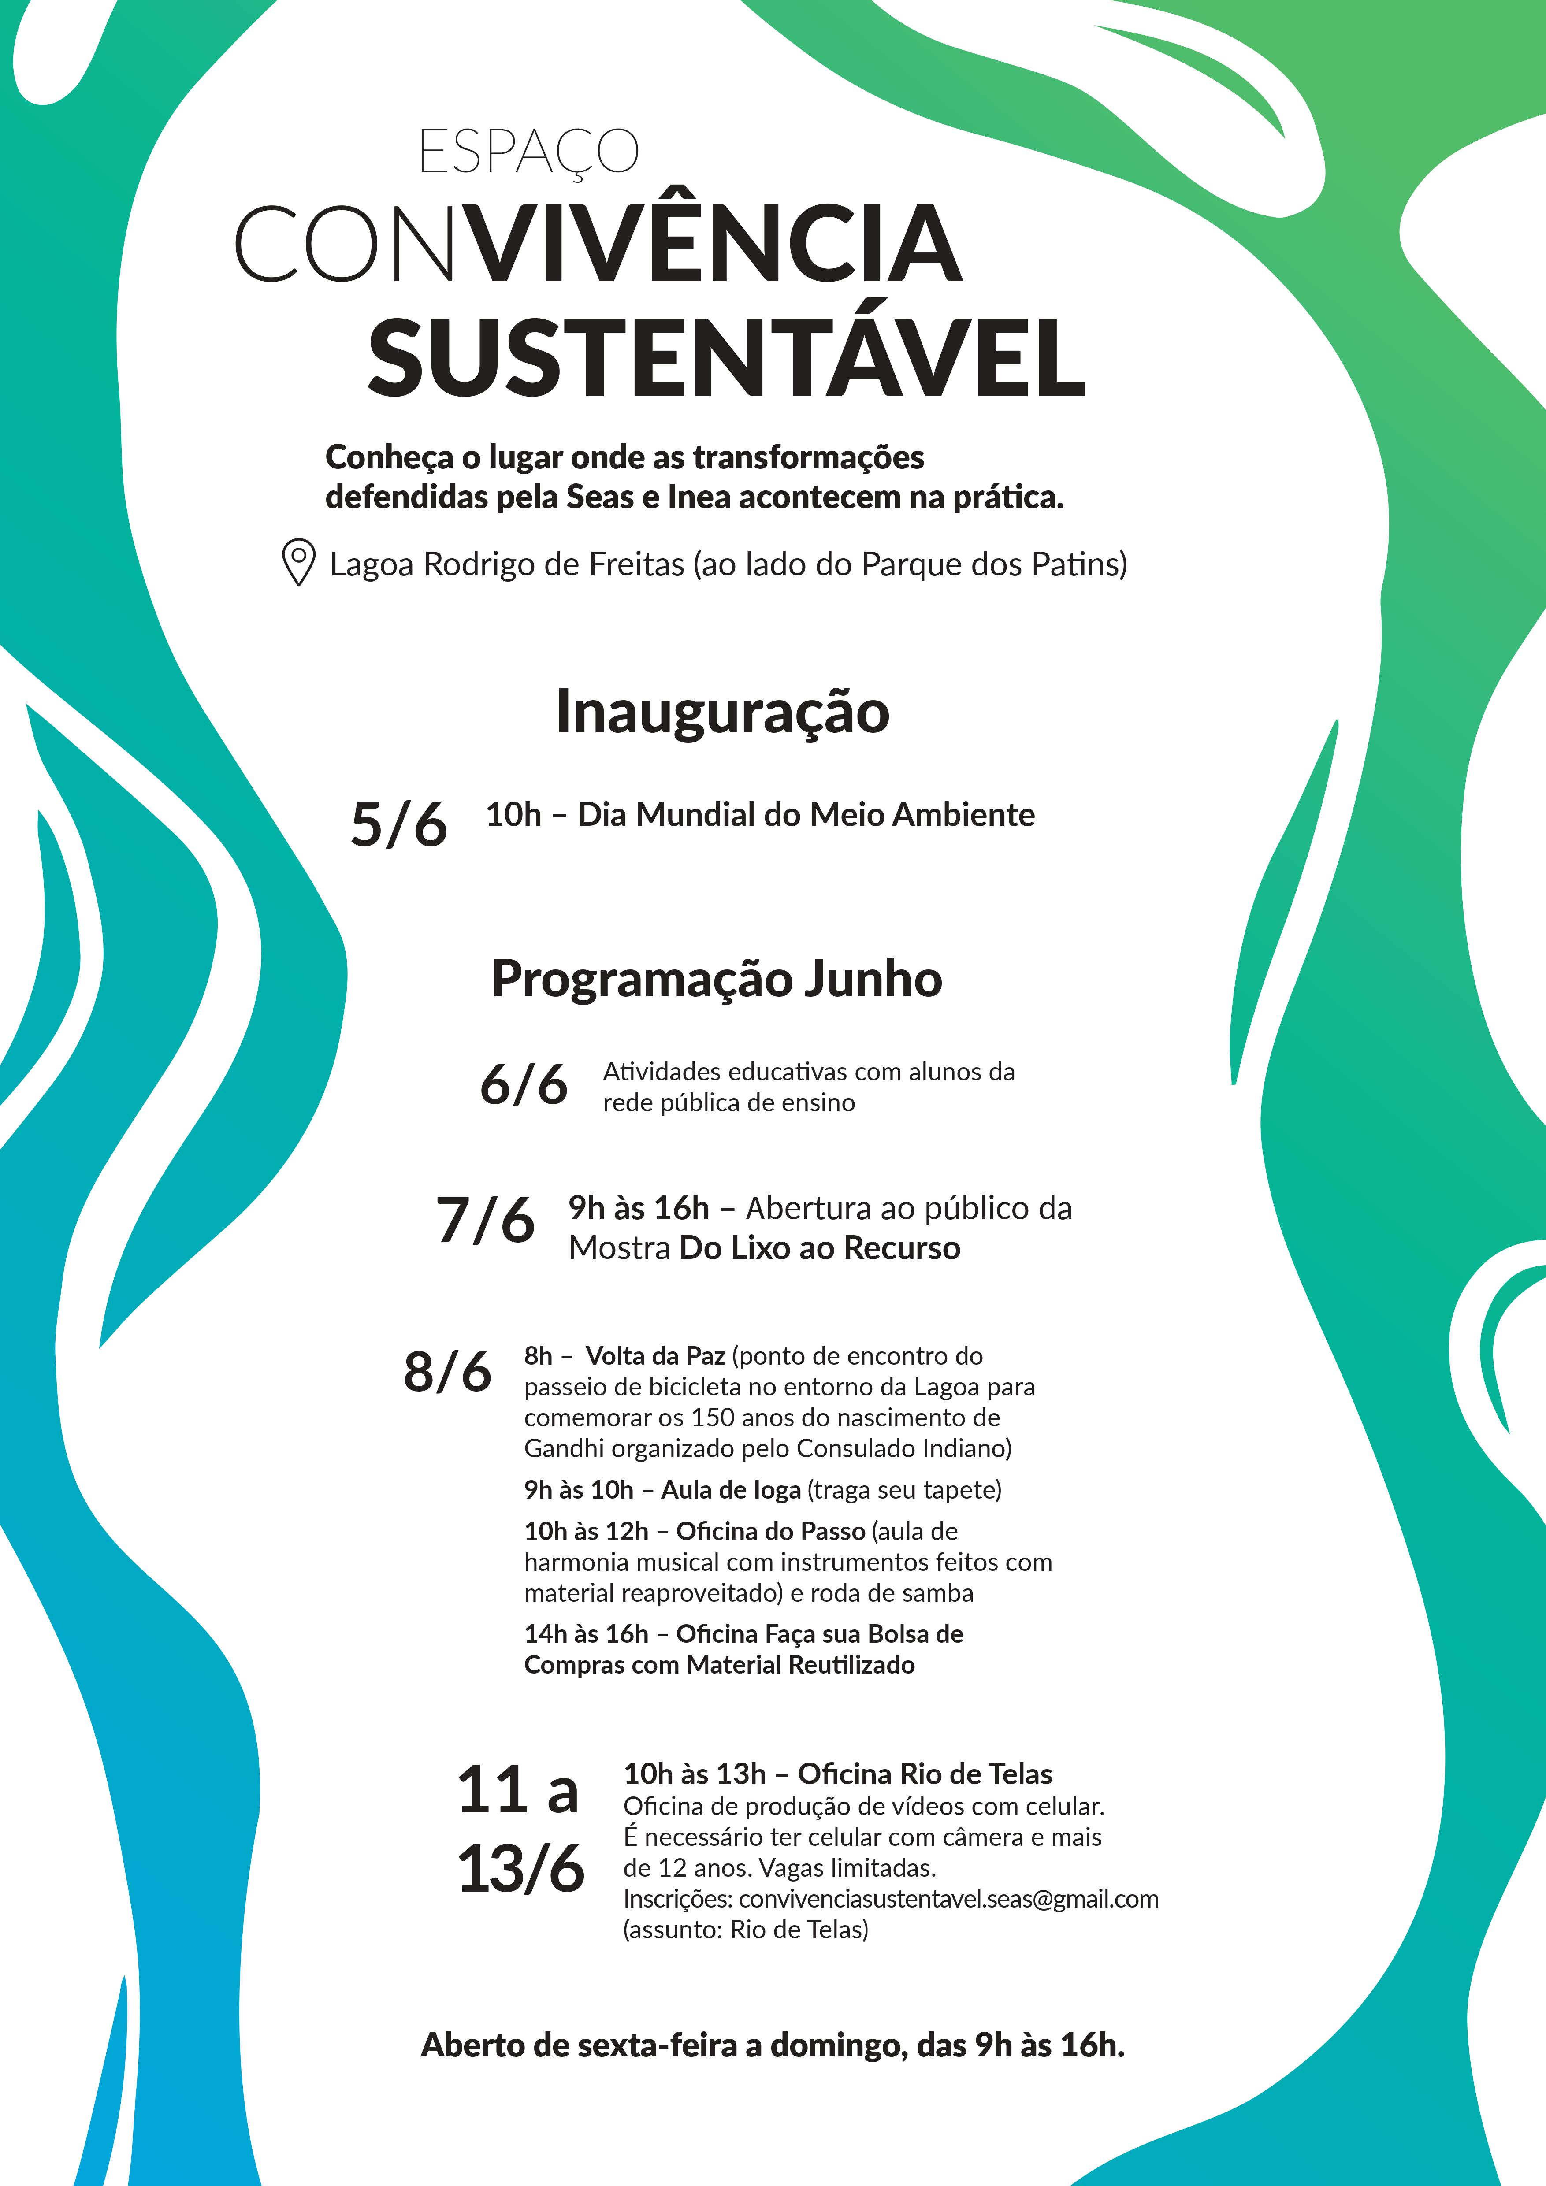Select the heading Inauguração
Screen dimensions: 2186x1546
(x=721, y=712)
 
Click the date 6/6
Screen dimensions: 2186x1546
(x=524, y=1084)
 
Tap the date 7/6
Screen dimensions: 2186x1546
(x=484, y=1221)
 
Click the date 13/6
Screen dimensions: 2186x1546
(x=520, y=1868)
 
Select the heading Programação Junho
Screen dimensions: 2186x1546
(x=716, y=979)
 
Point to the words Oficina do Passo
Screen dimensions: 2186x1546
(x=770, y=1531)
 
